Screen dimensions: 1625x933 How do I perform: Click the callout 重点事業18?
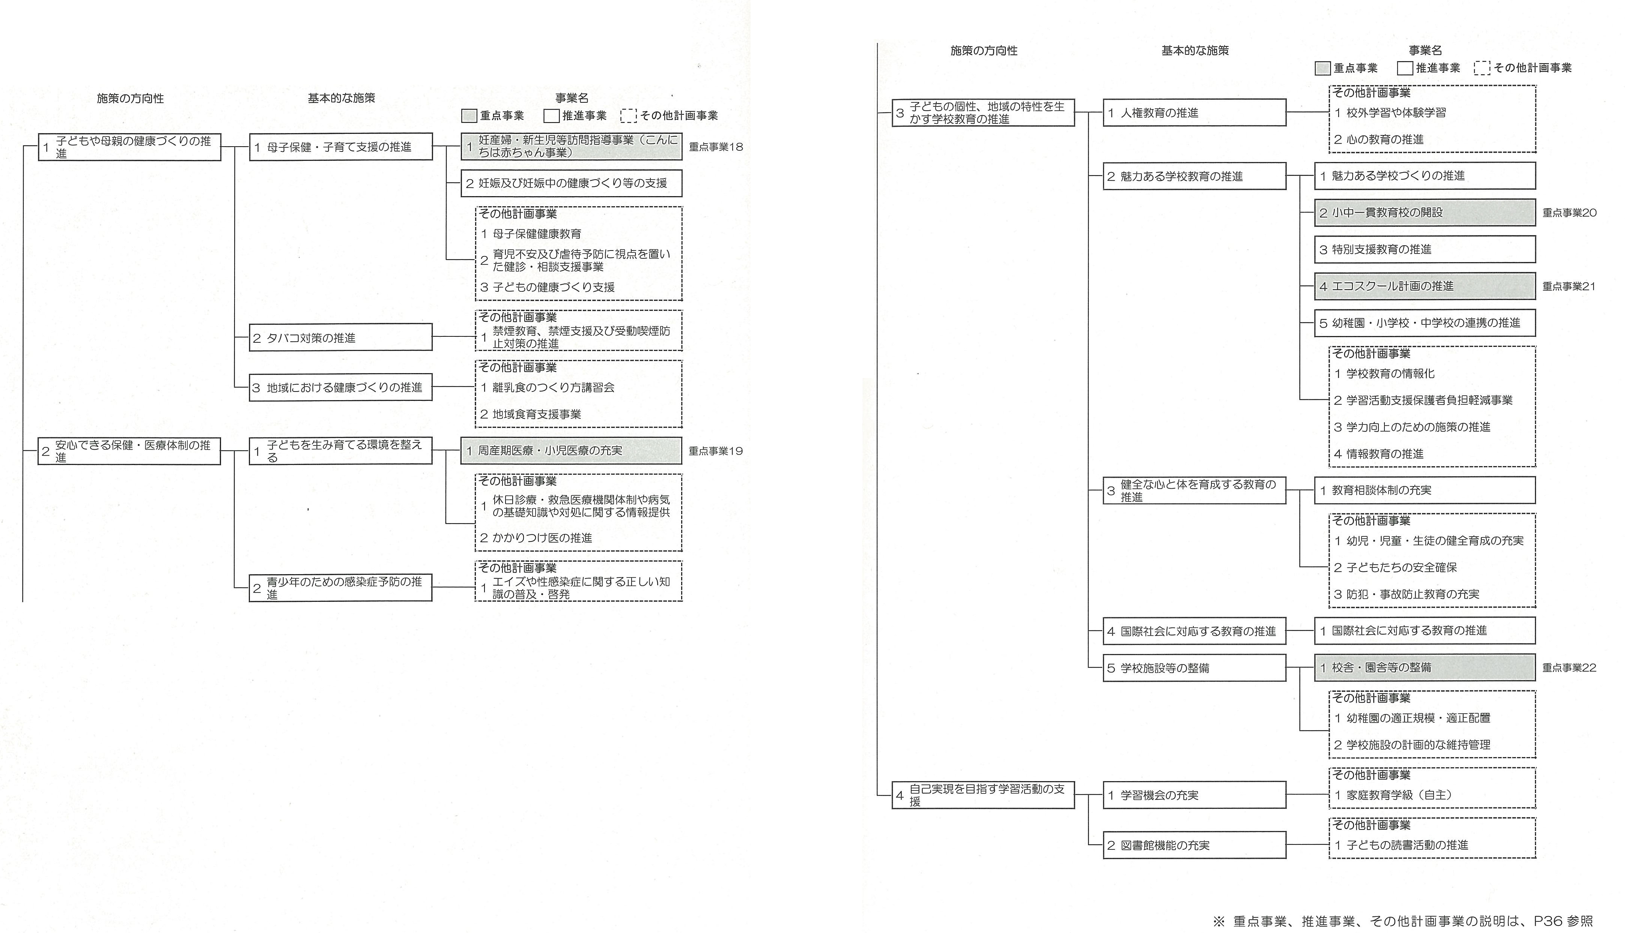point(716,147)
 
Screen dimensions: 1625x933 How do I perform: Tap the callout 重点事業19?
point(716,451)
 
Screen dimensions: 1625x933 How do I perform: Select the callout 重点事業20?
point(1569,213)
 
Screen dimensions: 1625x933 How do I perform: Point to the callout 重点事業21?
point(1569,286)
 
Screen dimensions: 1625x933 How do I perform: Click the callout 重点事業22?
point(1569,668)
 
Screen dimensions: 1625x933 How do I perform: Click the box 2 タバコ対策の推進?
point(340,337)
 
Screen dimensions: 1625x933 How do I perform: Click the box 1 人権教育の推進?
point(1194,113)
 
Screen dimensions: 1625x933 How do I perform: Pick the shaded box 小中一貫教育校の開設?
point(1425,213)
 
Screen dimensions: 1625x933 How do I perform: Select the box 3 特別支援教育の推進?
point(1425,249)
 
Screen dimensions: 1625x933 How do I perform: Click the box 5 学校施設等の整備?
point(1194,668)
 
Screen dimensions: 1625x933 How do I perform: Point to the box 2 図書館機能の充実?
point(1194,845)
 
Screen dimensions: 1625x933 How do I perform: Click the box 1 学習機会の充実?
point(1194,795)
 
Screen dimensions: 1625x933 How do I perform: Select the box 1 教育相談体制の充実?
point(1425,490)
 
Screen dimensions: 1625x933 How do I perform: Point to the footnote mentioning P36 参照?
point(1402,921)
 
